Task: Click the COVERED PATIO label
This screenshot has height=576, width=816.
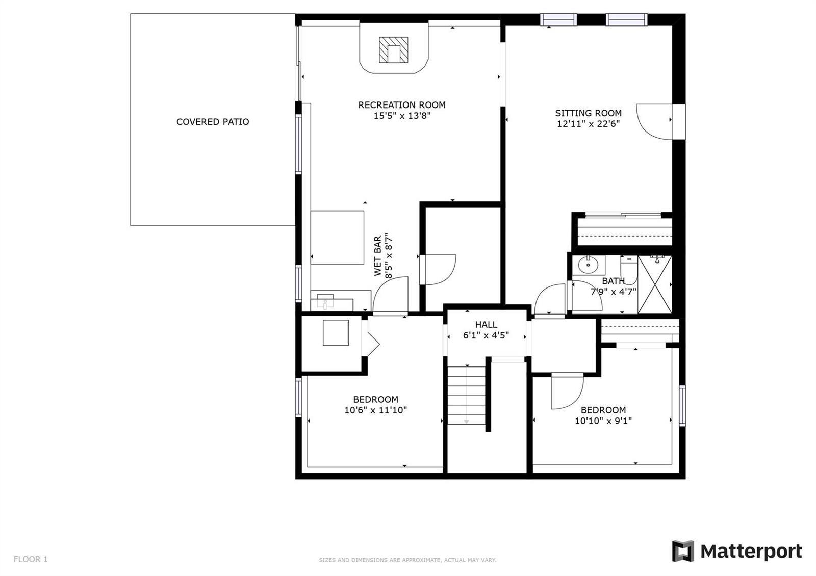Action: [213, 122]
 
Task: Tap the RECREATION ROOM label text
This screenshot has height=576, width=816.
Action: [402, 105]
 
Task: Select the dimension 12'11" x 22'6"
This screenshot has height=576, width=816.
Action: [589, 124]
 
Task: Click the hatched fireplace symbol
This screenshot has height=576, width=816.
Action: [393, 50]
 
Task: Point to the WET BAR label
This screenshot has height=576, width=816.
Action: [378, 255]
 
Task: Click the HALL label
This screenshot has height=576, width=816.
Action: [486, 324]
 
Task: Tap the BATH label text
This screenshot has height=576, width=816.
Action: [614, 281]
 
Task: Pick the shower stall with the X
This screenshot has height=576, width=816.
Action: [655, 284]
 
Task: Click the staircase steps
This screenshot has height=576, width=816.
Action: [466, 395]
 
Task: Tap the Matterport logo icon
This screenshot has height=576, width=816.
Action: [683, 551]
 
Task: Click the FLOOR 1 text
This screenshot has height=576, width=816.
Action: [31, 559]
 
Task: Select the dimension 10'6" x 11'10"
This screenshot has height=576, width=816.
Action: [375, 410]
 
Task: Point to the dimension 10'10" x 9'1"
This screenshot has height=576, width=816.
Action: [603, 421]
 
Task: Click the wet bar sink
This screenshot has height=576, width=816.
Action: [325, 301]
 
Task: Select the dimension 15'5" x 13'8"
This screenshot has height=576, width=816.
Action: [402, 116]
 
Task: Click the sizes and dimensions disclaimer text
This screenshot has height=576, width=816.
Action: [407, 560]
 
